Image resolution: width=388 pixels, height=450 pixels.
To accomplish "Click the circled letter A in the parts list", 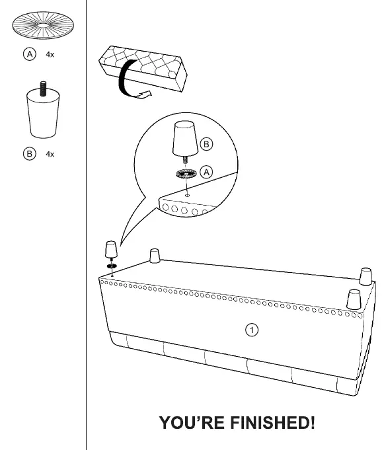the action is pos(30,54).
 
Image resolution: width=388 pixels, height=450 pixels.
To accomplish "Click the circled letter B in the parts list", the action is pos(30,154).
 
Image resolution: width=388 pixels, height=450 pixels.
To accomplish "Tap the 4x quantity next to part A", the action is pos(50,54).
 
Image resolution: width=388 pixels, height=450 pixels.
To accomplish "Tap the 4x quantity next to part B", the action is pos(50,154).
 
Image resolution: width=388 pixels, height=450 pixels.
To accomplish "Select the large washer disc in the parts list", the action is pos(43,25).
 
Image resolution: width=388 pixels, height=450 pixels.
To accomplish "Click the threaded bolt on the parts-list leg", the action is pos(43,89).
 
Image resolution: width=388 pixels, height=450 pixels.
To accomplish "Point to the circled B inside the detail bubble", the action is pos(206,144).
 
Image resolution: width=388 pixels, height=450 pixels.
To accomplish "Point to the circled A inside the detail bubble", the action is pos(206,172).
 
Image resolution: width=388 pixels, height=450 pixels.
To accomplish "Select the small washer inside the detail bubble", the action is pos(186,174).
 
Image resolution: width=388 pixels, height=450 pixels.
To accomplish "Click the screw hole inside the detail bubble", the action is pos(188,196).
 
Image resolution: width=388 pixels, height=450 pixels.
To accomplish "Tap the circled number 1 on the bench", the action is pos(252,330).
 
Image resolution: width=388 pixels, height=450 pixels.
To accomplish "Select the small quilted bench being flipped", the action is pos(143,68).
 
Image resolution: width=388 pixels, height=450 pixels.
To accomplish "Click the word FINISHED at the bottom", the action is pos(272,423).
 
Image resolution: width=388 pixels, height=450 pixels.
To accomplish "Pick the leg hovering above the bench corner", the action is pos(111,249).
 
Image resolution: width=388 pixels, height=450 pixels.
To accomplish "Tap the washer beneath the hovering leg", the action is pos(112,266).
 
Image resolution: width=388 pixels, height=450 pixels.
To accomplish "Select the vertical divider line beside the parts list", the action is pos(86,225).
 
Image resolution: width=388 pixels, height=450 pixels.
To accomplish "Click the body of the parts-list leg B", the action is pos(43,114).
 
